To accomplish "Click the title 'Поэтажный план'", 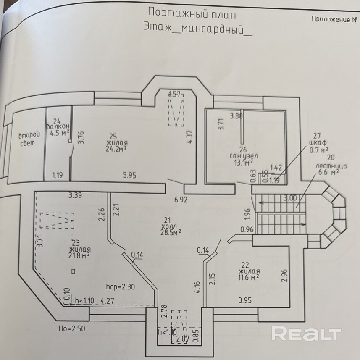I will point(192,14).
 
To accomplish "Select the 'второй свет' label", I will point(29,139).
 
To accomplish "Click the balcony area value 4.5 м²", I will point(59,134).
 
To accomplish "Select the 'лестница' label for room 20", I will point(331,166).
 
